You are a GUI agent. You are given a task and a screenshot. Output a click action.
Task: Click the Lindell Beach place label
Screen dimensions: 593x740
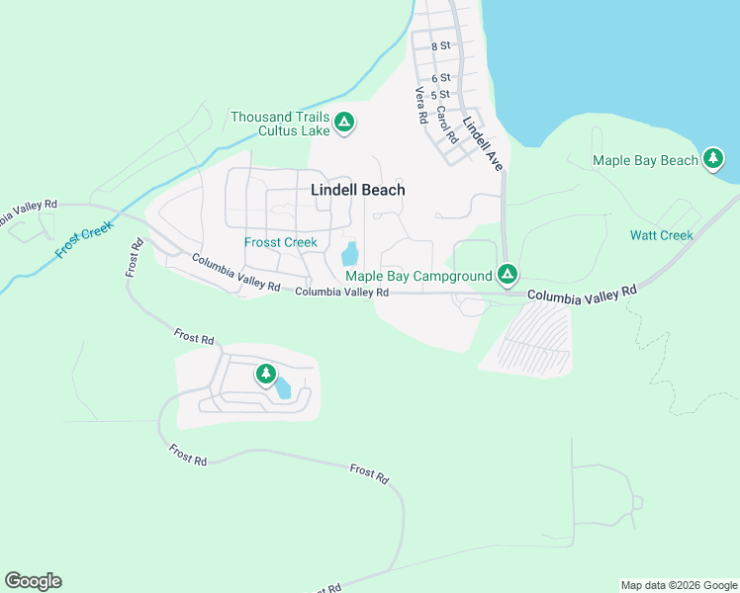pos(357,190)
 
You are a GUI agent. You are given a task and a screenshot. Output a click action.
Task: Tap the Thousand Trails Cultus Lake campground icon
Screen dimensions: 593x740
pos(344,123)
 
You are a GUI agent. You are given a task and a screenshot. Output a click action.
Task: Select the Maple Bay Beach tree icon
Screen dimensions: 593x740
pos(713,158)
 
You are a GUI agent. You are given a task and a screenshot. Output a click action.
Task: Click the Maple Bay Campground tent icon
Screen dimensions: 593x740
pos(508,274)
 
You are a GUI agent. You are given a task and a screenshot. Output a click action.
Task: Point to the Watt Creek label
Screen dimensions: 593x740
pos(661,235)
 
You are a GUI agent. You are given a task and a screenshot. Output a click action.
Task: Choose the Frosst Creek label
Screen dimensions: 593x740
pos(281,242)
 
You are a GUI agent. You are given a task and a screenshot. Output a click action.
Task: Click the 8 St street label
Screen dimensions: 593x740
pos(441,45)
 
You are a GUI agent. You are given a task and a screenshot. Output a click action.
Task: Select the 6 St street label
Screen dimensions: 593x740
pos(441,77)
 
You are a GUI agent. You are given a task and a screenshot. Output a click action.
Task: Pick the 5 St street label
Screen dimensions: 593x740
pos(441,94)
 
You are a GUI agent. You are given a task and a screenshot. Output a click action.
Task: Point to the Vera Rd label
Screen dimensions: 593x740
pos(420,105)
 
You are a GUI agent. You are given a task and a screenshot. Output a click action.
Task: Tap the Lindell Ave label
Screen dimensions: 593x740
pos(483,144)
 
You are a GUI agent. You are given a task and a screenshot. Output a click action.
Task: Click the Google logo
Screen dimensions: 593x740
pos(33,581)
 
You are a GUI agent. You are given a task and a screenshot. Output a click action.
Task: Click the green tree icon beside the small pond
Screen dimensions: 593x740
pos(265,374)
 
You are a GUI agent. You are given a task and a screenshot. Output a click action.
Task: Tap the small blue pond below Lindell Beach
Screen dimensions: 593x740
pos(349,254)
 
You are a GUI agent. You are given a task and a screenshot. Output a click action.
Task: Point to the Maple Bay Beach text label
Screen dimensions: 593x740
pos(645,160)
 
